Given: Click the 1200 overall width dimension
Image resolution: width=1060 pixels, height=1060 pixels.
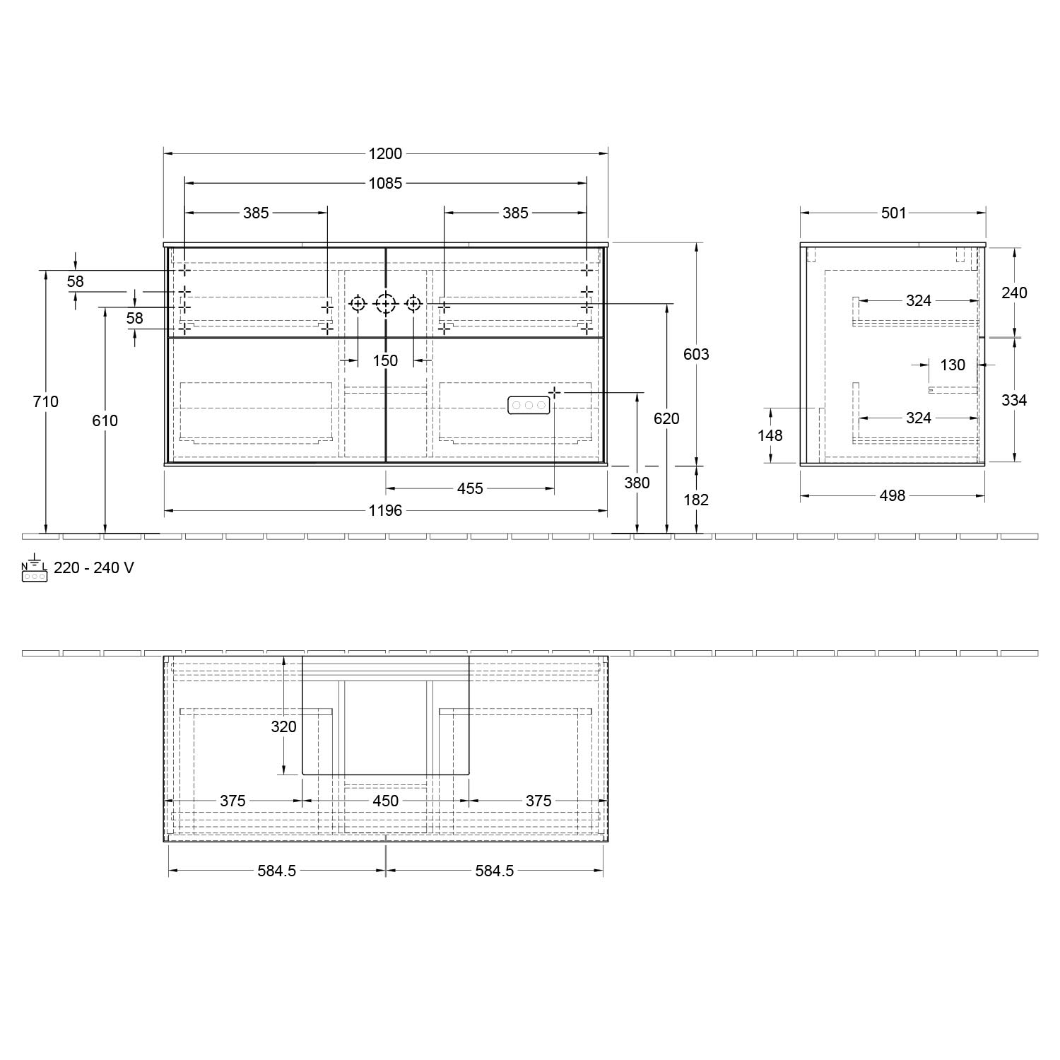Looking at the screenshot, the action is [x=385, y=153].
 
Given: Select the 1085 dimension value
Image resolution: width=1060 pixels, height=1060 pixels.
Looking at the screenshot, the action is [x=385, y=183].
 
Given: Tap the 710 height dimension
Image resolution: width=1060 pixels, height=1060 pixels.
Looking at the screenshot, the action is [x=46, y=401].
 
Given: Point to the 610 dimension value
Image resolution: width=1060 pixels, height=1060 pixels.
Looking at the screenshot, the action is [x=105, y=420].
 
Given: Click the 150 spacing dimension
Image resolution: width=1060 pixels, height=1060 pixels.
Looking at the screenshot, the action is [x=385, y=360].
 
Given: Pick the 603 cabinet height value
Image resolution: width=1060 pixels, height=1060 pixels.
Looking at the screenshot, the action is [x=696, y=354].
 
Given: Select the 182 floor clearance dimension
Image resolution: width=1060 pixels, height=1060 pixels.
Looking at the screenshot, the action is [x=696, y=500].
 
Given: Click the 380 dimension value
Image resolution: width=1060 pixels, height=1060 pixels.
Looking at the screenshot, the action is [x=637, y=483].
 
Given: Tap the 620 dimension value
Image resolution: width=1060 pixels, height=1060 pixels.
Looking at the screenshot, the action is [x=666, y=418].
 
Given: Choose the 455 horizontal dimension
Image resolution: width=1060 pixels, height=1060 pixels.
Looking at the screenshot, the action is [x=470, y=488].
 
